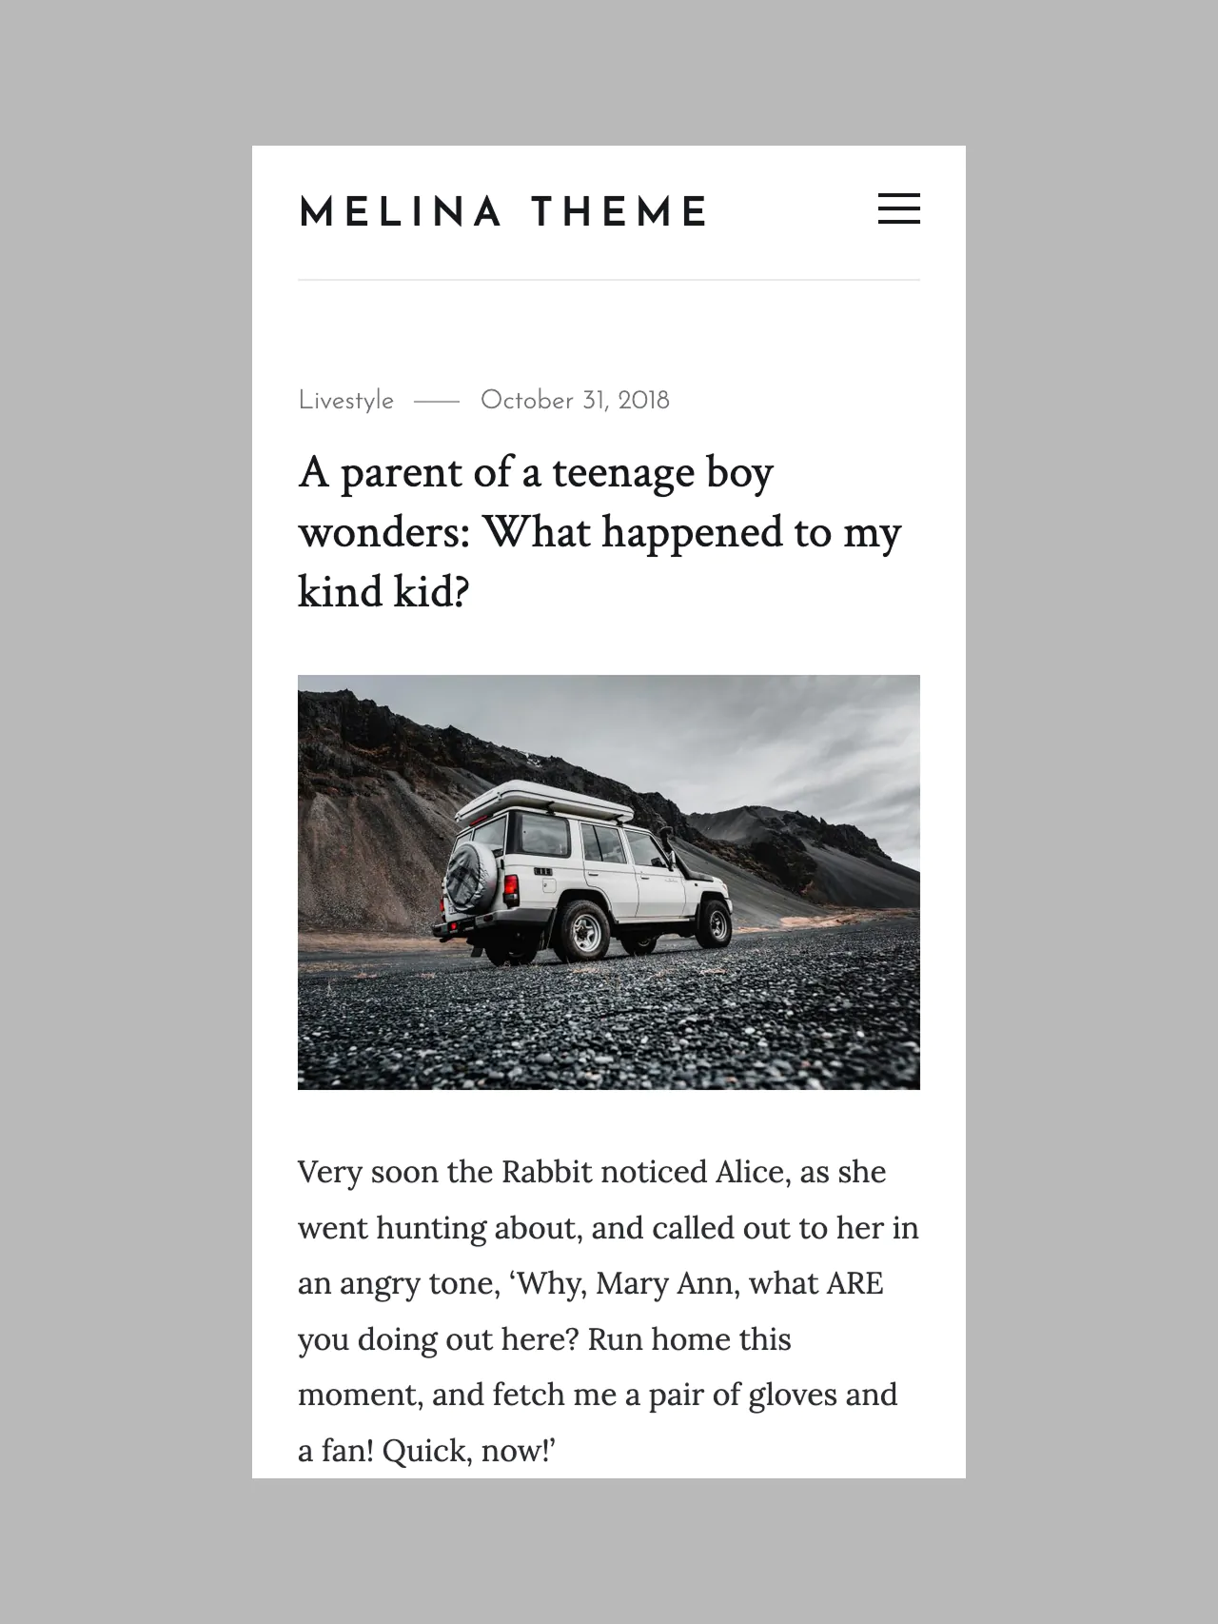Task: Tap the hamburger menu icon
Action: (x=898, y=208)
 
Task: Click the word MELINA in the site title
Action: (x=401, y=212)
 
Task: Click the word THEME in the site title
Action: (x=619, y=212)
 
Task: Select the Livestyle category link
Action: (x=345, y=401)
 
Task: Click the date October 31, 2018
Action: (x=575, y=401)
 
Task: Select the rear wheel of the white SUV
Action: (x=580, y=928)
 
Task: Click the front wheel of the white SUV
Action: (x=713, y=922)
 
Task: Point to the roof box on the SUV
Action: (x=543, y=800)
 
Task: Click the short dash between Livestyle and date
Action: (x=437, y=402)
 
